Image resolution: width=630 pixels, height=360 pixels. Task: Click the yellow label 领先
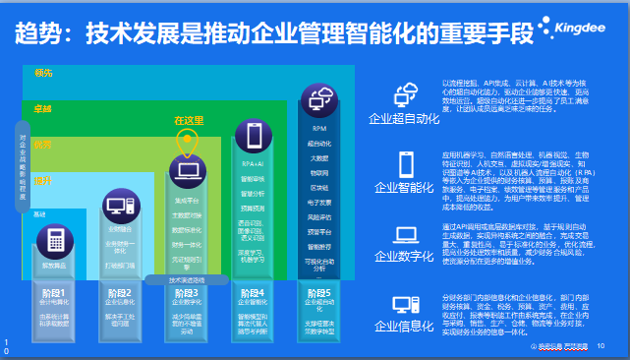coord(42,74)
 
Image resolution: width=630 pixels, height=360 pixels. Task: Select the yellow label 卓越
coord(42,107)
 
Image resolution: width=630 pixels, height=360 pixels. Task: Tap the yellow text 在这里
coord(188,120)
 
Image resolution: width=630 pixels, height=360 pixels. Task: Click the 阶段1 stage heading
coord(53,292)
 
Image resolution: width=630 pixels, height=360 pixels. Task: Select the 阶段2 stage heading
coord(119,292)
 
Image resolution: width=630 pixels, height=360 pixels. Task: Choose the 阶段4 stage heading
coord(252,292)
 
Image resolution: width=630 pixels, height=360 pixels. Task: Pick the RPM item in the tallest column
coord(319,129)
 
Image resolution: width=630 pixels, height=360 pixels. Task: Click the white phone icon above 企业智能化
coord(407,163)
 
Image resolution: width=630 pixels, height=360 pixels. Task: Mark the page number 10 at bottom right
coord(600,345)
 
